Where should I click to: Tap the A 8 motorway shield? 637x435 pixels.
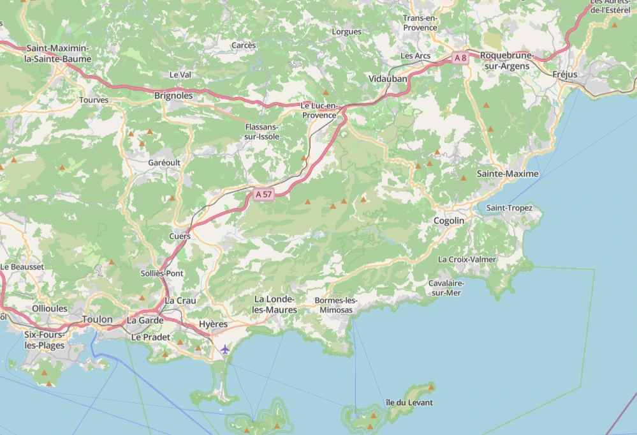460,58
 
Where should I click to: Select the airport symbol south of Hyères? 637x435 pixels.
224,349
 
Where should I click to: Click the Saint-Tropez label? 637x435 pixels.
509,208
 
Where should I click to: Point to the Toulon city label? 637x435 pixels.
97,319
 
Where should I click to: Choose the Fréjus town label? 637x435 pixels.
564,75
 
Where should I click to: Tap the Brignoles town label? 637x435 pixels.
173,95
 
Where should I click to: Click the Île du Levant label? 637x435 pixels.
409,402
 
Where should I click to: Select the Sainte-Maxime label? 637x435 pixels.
508,174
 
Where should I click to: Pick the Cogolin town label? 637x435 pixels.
449,220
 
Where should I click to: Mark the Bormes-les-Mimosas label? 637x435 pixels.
336,305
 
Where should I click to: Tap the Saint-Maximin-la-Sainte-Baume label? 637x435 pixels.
57,54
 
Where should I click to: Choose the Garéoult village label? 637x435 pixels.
164,163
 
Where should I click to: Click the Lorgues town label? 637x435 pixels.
347,31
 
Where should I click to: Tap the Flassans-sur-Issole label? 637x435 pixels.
262,132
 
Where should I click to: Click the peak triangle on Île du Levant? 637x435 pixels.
432,386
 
